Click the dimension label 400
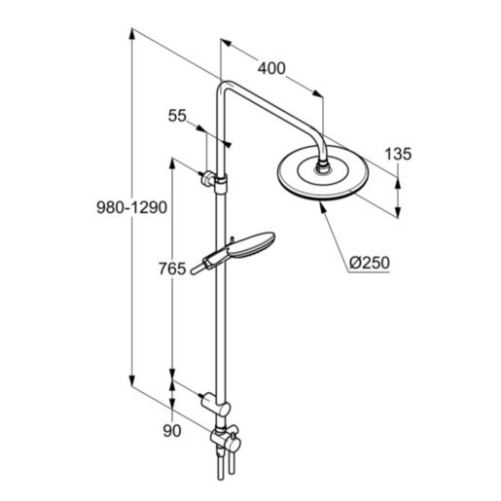pyautogui.click(x=272, y=69)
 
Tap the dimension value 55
pyautogui.click(x=177, y=116)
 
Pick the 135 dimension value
pyautogui.click(x=398, y=154)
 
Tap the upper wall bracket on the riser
pyautogui.click(x=213, y=180)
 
